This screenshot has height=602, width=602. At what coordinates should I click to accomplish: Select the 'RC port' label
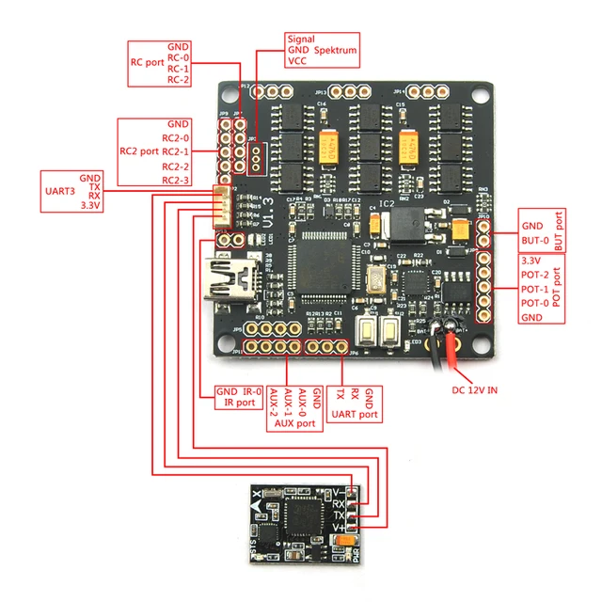coord(146,63)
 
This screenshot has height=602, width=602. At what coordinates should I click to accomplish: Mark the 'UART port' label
coord(355,414)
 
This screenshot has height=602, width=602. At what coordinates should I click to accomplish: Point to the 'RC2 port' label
coord(138,150)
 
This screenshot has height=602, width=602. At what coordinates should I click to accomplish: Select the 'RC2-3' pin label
coord(176,180)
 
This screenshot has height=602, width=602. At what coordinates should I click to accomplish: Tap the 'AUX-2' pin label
coord(272,404)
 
